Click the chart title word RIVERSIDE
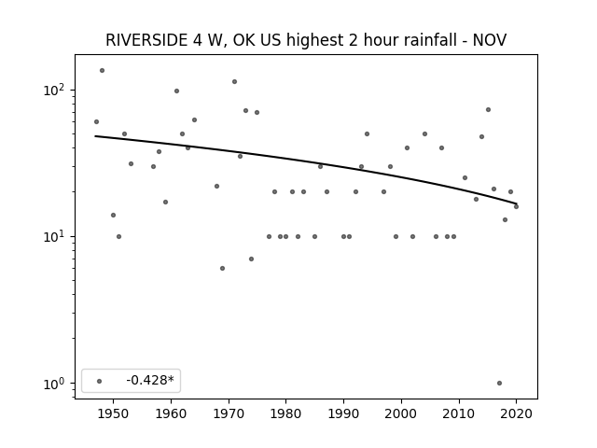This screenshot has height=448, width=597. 146,40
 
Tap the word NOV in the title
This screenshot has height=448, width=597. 489,40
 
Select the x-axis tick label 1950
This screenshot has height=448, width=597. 113,413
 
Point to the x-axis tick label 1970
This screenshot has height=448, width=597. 229,413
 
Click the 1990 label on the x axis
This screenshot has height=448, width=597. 344,413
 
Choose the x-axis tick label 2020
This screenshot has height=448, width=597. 516,413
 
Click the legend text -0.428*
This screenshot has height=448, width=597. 150,380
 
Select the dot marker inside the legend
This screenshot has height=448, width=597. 100,381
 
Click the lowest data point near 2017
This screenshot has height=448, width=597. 500,384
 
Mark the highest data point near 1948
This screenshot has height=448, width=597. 102,71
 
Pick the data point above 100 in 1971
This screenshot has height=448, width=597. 234,81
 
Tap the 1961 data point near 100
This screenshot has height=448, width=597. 176,91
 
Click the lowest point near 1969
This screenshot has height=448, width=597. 222,268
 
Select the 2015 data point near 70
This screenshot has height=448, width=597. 488,110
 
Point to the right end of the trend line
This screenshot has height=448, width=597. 517,203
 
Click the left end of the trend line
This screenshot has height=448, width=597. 95,136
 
